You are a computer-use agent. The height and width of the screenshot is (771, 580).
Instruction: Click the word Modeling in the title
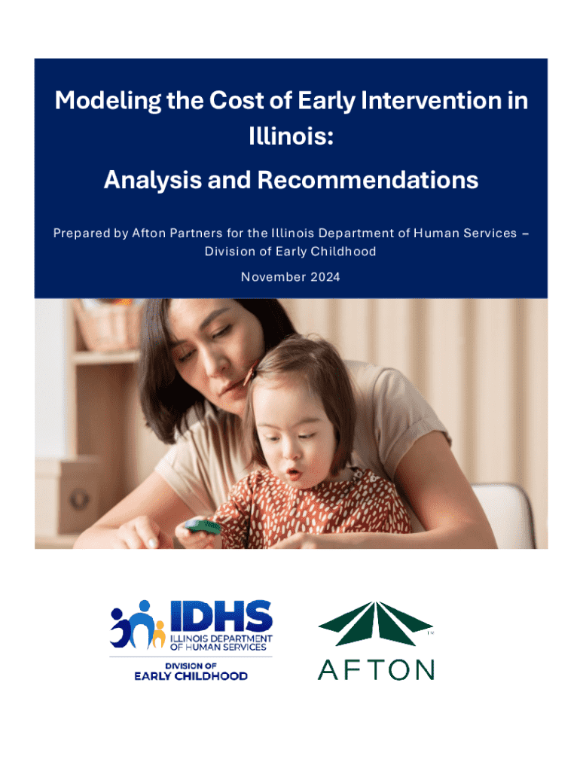[x=108, y=101]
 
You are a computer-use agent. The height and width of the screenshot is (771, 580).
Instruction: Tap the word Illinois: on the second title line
[x=291, y=136]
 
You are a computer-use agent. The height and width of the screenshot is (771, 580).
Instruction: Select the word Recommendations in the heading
[x=368, y=180]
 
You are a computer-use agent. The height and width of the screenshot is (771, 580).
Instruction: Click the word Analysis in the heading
[x=152, y=180]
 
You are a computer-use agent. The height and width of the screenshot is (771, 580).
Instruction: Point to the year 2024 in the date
[x=325, y=277]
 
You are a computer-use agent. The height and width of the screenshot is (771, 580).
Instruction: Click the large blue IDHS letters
[x=221, y=615]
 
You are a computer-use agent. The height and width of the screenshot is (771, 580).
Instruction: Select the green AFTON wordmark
[x=376, y=669]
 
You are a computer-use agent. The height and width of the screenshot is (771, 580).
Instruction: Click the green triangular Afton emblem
[x=375, y=623]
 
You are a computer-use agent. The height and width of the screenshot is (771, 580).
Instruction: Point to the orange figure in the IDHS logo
[x=158, y=634]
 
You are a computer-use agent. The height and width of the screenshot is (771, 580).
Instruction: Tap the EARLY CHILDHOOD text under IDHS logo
[x=191, y=676]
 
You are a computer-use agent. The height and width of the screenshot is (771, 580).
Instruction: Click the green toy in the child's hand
[x=203, y=526]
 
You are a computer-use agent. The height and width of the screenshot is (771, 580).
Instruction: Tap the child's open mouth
[x=295, y=474]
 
